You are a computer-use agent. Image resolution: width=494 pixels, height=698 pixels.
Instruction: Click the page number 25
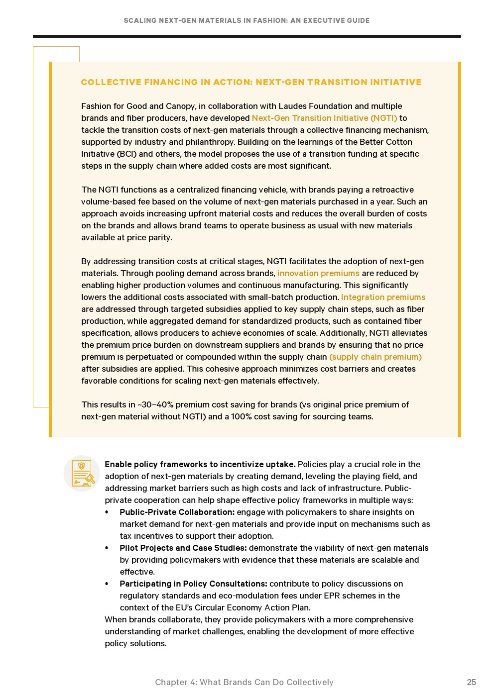(471, 682)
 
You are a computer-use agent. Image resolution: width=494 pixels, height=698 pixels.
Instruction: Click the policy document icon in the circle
(82, 473)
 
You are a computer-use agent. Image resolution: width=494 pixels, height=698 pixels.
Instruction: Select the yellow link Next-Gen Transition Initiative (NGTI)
(324, 118)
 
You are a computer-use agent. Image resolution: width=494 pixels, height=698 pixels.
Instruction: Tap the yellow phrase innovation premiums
(318, 273)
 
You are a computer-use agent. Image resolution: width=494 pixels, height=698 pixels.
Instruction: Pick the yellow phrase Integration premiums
(383, 297)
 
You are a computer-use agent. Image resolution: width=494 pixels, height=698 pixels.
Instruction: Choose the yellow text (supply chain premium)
(375, 357)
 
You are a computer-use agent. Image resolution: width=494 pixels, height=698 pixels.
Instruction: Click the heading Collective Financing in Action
(251, 82)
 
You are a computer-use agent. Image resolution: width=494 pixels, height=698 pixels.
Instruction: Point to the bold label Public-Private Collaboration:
(177, 512)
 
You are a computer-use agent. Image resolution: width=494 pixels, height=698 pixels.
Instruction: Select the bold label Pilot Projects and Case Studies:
(183, 548)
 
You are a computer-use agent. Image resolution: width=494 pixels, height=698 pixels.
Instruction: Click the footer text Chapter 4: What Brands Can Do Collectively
(244, 682)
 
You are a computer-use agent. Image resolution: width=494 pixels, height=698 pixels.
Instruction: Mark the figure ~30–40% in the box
(155, 404)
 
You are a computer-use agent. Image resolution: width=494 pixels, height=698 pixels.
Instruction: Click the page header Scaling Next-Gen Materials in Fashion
(247, 20)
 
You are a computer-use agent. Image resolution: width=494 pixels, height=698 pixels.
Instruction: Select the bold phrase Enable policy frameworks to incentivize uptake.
(200, 464)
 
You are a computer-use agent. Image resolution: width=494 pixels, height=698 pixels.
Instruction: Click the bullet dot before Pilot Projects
(107, 548)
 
